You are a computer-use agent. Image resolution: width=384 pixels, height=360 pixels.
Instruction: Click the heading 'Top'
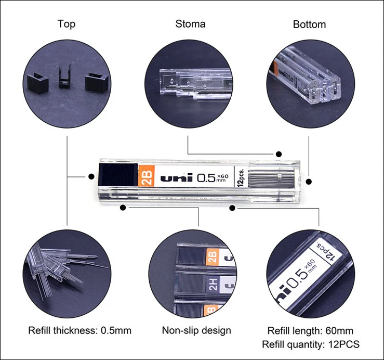(x=67, y=24)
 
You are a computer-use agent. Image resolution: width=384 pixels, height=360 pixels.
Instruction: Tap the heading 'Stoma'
(x=190, y=24)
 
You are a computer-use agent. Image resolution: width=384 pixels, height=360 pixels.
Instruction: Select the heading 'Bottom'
(x=309, y=24)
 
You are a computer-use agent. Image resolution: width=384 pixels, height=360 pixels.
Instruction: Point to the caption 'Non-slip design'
(x=196, y=330)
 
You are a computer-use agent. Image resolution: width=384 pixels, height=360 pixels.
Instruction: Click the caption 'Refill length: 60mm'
(x=310, y=331)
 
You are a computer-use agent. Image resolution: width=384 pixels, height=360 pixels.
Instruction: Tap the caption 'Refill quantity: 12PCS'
(x=311, y=344)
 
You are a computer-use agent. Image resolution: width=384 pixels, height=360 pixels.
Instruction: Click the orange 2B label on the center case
(x=145, y=177)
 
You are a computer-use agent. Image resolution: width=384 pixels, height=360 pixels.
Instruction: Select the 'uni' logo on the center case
(x=177, y=178)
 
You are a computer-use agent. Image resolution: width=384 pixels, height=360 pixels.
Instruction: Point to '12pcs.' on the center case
(x=240, y=177)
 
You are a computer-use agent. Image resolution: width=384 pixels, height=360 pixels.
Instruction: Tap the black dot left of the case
(x=91, y=176)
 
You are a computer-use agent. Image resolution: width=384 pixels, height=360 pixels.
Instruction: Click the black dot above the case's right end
(x=279, y=154)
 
